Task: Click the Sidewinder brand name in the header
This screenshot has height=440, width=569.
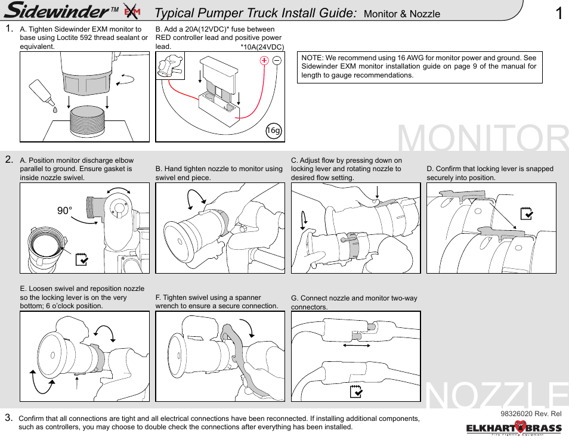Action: [60, 11]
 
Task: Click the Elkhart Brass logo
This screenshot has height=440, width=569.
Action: [514, 428]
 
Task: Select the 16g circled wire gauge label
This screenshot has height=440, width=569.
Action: [273, 131]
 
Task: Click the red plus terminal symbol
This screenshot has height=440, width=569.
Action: [264, 61]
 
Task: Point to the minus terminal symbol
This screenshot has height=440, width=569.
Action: [277, 61]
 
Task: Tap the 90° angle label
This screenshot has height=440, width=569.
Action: [65, 211]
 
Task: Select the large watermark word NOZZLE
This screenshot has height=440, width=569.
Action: [497, 396]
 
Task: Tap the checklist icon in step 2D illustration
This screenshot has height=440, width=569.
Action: [526, 213]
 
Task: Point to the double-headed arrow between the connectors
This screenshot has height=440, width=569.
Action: [357, 345]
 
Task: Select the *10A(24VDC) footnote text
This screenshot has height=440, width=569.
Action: [262, 47]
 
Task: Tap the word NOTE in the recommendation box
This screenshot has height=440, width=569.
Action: [312, 58]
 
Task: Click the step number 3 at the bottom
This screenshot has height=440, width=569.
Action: [9, 417]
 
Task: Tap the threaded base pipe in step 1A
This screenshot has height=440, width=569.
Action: [89, 122]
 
